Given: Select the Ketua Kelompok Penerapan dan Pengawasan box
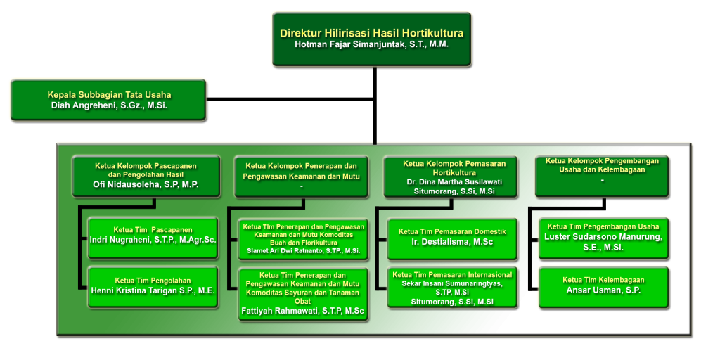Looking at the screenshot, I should click(302, 176).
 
